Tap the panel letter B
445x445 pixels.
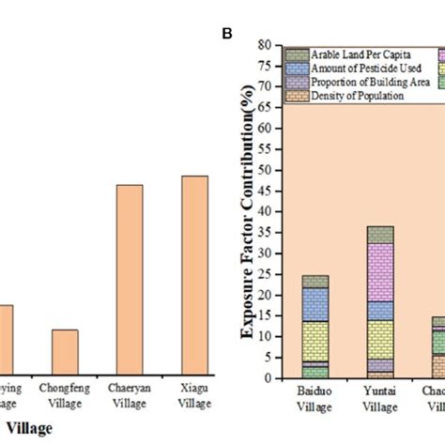226,34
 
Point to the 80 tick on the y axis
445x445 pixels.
266,44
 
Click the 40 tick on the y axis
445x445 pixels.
266,211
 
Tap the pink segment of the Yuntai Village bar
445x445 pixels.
354,272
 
